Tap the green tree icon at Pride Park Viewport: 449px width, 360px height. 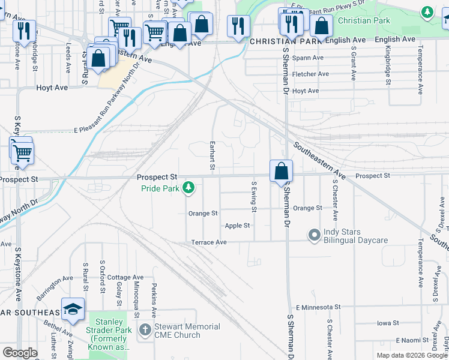188,188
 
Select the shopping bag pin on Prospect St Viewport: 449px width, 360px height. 281,172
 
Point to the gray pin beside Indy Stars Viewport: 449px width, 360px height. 313,235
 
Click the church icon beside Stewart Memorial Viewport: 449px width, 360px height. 145,330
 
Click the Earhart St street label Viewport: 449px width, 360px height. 212,155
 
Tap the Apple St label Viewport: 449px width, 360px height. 237,226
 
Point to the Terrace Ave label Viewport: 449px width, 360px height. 209,242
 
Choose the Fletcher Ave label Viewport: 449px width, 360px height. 310,74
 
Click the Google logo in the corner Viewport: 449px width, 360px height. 19,353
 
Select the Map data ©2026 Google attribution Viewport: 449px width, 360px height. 412,355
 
